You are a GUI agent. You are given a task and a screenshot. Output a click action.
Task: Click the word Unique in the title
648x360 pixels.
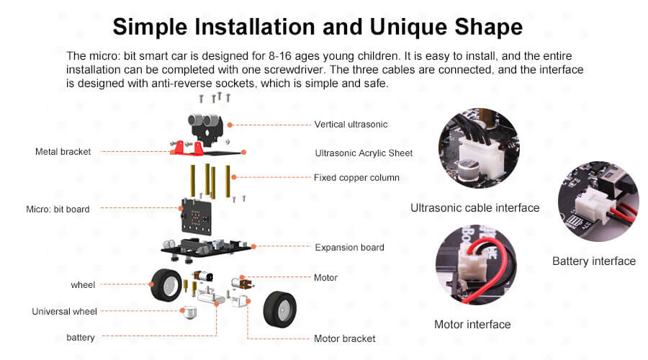[408, 27]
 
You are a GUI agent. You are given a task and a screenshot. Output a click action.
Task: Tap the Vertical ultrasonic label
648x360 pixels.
[351, 125]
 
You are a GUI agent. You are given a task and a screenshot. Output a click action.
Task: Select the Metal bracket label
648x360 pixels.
[63, 152]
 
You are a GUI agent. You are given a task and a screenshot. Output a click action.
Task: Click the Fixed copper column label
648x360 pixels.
[356, 178]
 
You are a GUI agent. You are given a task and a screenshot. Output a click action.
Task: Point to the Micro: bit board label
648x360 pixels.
[58, 209]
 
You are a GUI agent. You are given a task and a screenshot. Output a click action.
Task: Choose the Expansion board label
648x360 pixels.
[350, 247]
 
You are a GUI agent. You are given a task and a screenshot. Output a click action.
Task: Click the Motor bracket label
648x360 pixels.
[345, 338]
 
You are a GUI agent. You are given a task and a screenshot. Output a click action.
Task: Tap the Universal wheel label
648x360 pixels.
[65, 312]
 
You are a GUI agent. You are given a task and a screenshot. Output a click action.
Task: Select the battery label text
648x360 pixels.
[81, 338]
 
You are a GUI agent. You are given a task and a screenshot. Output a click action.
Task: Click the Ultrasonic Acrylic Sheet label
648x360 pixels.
[364, 153]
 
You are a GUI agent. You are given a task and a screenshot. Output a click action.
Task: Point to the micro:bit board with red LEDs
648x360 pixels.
[196, 217]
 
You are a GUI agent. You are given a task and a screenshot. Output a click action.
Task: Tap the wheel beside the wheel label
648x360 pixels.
[166, 285]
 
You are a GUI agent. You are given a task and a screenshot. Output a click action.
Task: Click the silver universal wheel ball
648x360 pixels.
[189, 313]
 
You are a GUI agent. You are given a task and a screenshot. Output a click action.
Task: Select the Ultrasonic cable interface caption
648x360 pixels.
[475, 208]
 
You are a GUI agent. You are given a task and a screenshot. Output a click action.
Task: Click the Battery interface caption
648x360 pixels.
[594, 261]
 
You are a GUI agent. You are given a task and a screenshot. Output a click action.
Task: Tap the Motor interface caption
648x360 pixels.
[472, 325]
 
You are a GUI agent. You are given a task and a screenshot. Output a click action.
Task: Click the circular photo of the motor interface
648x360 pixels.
[476, 266]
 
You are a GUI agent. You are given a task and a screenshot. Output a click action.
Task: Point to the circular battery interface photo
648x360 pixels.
[598, 202]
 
